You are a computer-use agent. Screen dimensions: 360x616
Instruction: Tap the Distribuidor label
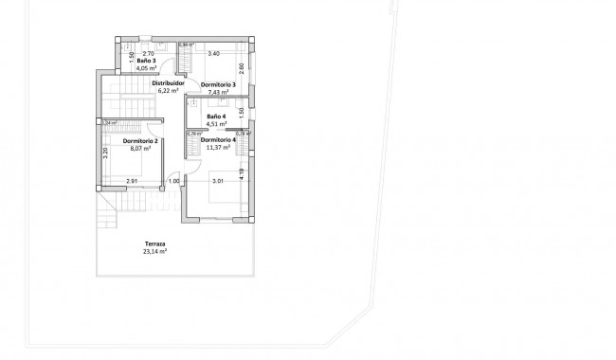(x=167, y=82)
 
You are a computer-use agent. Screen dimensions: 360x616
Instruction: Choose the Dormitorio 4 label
(x=218, y=140)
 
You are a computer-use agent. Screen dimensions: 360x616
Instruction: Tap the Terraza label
(x=154, y=244)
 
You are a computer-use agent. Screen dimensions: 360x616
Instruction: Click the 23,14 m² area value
(x=154, y=252)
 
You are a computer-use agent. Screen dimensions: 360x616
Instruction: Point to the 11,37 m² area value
(x=218, y=148)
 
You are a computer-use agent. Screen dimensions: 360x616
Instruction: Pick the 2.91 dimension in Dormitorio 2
(x=133, y=181)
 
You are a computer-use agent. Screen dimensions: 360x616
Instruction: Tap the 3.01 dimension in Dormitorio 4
(x=217, y=181)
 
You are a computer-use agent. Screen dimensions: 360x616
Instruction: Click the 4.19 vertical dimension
(x=243, y=173)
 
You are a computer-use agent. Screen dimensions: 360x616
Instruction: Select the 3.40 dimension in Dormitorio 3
(x=214, y=54)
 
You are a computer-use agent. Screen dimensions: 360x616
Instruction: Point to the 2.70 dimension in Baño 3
(x=147, y=54)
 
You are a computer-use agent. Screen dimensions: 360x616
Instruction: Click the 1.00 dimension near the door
(x=173, y=181)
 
